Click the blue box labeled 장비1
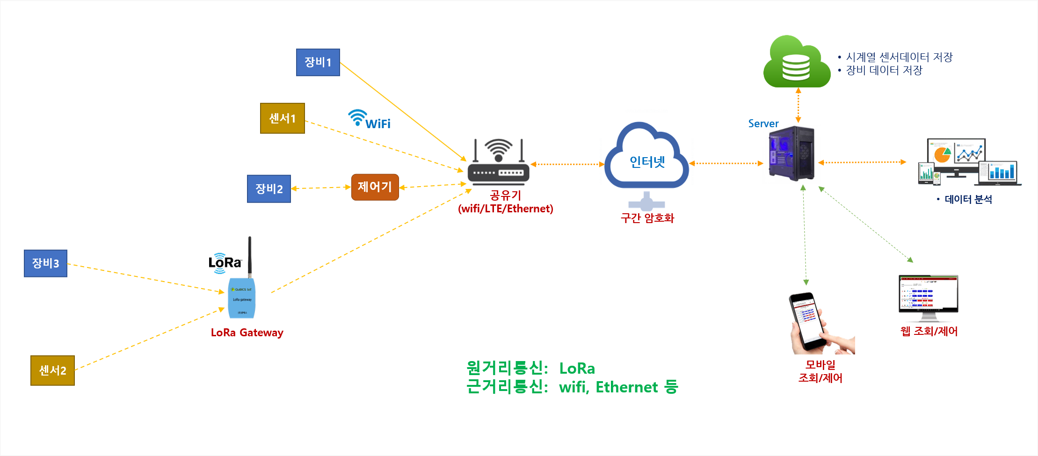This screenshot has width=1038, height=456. [x=318, y=62]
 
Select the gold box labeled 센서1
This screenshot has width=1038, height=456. [x=282, y=118]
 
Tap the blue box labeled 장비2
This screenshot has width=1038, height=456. [x=269, y=188]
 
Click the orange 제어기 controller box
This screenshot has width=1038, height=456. [x=375, y=187]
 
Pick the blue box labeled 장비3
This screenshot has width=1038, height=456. [x=45, y=263]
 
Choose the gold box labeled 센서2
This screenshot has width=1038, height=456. [x=52, y=370]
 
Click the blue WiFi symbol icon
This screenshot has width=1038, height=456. [x=358, y=117]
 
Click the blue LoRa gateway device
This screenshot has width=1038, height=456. [x=241, y=297]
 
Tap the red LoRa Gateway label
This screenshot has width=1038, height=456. [x=247, y=333]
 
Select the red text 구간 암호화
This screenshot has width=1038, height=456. [x=647, y=218]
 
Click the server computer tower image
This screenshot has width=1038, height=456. [x=791, y=153]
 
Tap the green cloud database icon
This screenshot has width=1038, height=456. [x=796, y=63]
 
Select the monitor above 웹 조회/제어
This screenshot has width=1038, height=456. [x=929, y=296]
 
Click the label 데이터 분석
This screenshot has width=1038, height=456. [x=968, y=200]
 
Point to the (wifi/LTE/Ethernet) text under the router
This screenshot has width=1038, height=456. [x=505, y=209]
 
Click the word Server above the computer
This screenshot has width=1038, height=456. [x=763, y=123]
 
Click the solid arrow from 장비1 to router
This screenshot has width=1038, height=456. [x=402, y=111]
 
